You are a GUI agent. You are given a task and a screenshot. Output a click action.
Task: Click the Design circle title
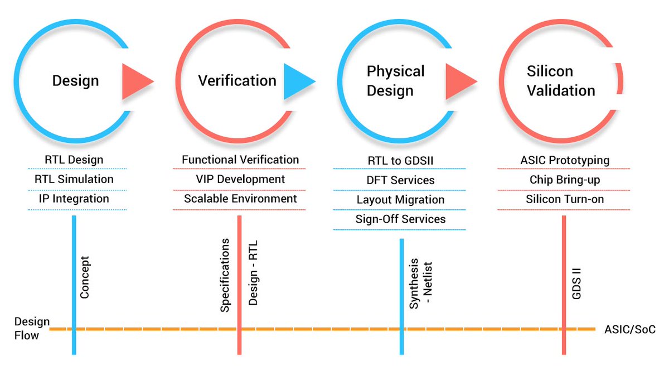coord(75,81)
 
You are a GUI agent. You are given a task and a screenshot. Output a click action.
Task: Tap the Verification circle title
coord(237,81)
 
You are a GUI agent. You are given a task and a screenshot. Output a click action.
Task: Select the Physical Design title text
coord(395,81)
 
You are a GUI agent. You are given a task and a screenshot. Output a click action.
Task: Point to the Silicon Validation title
coord(560,81)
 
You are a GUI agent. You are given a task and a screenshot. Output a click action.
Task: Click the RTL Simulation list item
coord(74,179)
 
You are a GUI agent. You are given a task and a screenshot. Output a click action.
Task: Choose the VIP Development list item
coord(240,179)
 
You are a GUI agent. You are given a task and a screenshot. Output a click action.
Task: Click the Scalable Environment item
coord(240,199)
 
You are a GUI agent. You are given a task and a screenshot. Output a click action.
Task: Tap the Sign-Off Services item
coord(400,219)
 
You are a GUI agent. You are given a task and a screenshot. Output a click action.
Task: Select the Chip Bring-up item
coord(564,180)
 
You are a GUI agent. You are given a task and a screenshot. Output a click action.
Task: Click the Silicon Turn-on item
coord(564,199)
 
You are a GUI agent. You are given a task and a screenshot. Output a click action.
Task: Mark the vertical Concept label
coord(85,277)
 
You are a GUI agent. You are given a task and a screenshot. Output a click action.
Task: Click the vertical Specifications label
coord(225,275)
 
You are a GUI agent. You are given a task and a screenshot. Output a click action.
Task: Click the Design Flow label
coord(32,329)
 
